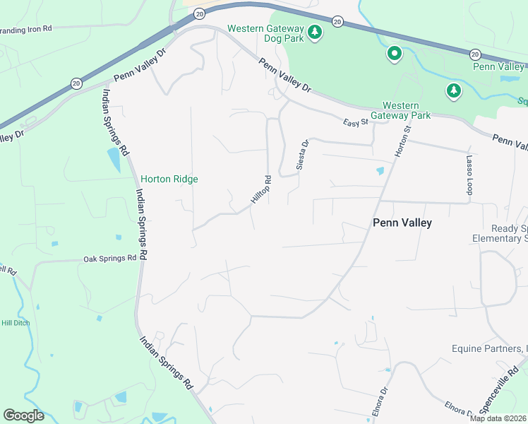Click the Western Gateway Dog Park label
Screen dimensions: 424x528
[265, 33]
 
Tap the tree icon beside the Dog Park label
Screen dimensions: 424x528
[315, 33]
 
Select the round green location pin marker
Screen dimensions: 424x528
[394, 54]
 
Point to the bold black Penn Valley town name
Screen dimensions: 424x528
[402, 223]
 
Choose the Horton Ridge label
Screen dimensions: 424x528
[169, 179]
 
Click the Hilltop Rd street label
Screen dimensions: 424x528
[261, 191]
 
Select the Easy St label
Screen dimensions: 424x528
[356, 123]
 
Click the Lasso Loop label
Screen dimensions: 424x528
[468, 176]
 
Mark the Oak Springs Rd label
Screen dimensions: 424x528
[109, 259]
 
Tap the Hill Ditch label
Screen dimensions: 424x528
[14, 323]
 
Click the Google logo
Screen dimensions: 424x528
[23, 416]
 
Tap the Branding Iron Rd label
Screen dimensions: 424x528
[26, 30]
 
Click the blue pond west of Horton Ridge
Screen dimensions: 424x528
[114, 160]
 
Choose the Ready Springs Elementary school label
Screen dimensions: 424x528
[509, 234]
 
